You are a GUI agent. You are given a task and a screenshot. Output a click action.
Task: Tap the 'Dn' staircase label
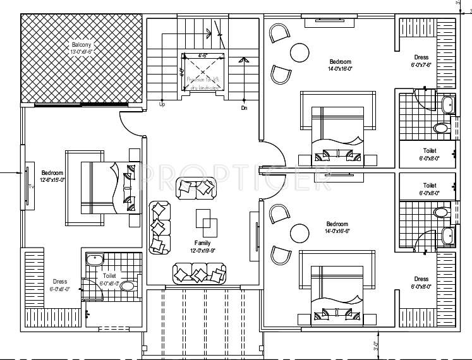point(244,108)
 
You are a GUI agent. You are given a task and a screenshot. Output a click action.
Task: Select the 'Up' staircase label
point(162,104)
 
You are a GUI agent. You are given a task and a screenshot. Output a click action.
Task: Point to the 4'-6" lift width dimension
point(203,56)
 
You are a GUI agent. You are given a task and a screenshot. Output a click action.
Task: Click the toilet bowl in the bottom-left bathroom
point(128,286)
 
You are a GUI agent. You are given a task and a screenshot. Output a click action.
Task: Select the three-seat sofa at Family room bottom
point(199,273)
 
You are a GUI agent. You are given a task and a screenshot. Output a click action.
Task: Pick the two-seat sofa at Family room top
point(196,187)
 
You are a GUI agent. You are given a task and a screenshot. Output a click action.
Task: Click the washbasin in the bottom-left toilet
point(95,259)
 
